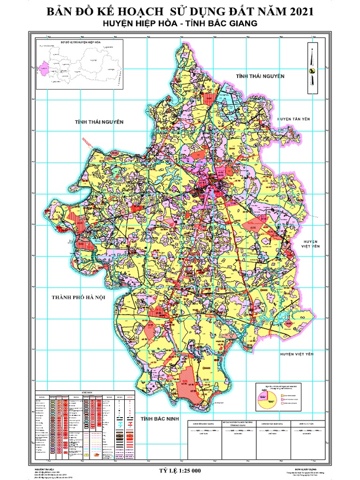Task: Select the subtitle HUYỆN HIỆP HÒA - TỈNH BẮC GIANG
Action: tap(180, 23)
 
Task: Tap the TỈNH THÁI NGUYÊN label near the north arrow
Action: tap(260, 75)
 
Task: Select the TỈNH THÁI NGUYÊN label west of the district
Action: tap(99, 122)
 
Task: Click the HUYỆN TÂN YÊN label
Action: tap(294, 120)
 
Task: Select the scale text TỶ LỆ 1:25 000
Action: tap(180, 470)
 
